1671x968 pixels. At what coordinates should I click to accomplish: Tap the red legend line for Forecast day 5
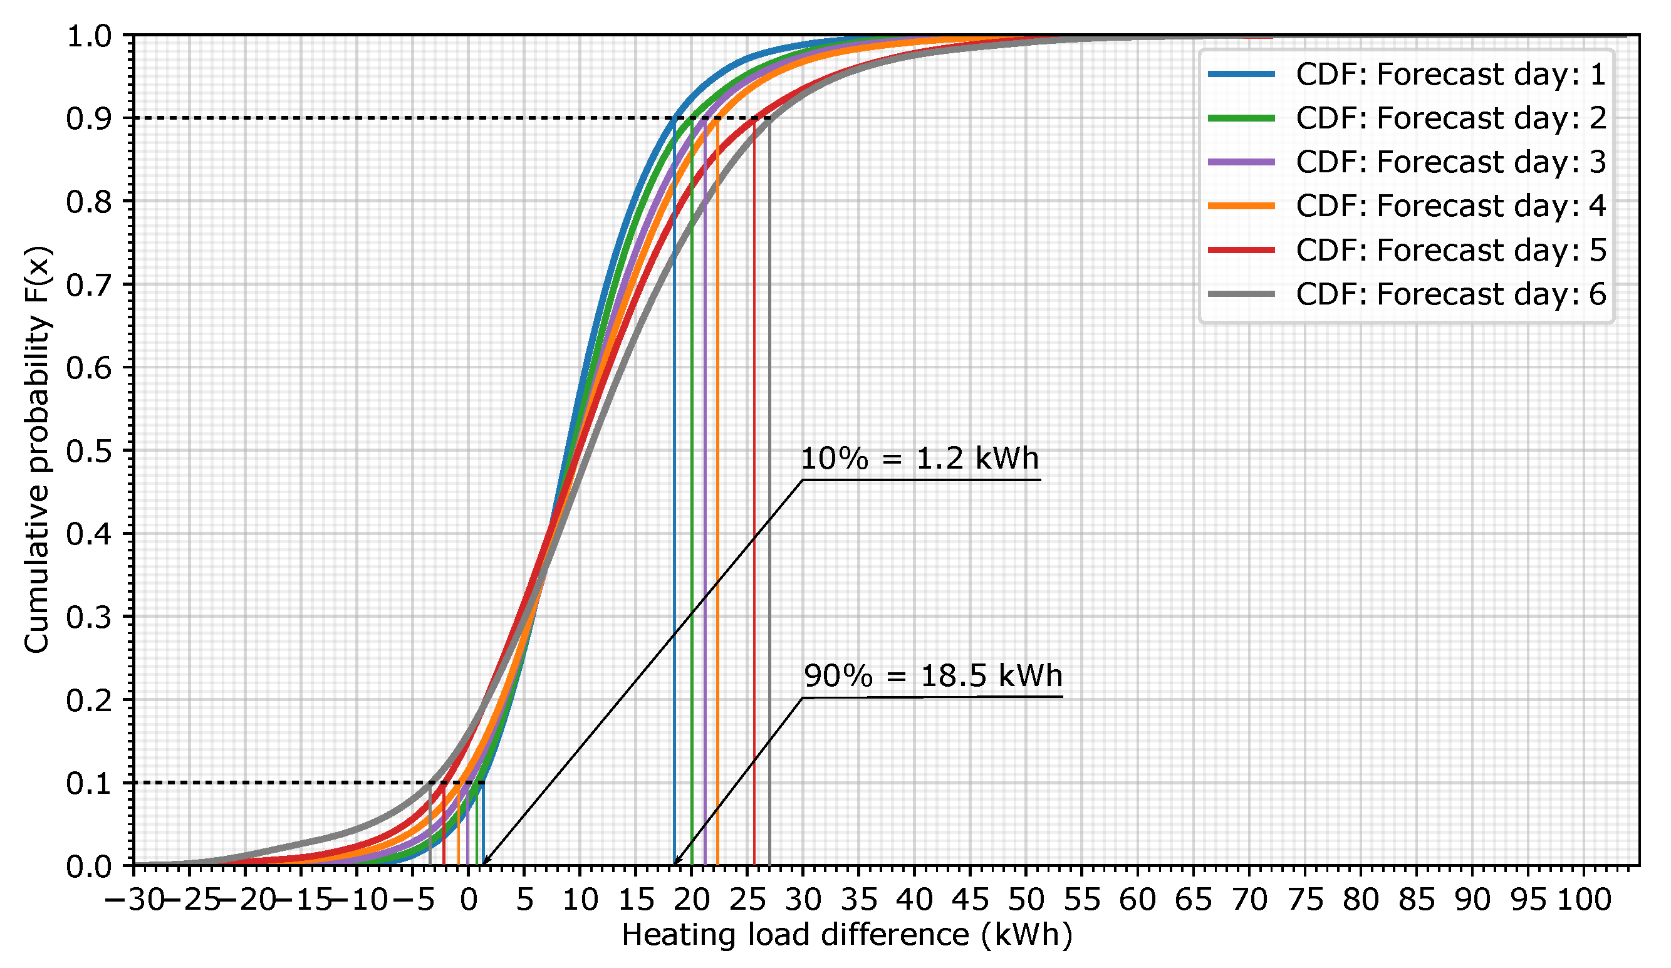1241,251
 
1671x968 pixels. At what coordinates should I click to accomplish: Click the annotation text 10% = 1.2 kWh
919,459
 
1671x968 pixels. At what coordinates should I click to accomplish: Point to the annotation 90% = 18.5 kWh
932,676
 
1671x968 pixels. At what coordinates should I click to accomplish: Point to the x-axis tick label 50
1026,900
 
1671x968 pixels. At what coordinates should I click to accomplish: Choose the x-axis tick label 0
468,900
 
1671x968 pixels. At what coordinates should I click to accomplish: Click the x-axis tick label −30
135,900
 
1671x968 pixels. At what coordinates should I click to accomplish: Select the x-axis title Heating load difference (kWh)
846,935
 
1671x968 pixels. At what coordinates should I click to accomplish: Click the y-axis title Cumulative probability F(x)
36,451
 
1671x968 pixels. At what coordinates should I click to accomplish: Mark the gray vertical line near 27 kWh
769,531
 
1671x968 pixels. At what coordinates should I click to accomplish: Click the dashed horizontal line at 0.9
398,118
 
